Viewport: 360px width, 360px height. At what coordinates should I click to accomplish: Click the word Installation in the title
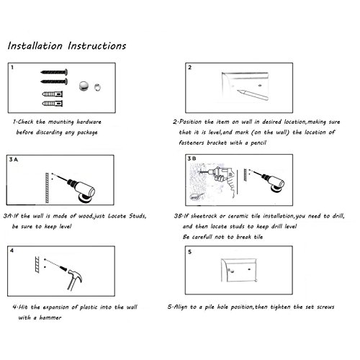(35, 45)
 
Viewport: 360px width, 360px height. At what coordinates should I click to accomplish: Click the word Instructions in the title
(97, 45)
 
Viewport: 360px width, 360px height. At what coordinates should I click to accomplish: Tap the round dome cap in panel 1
(84, 86)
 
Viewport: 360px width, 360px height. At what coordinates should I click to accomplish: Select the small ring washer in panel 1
(97, 87)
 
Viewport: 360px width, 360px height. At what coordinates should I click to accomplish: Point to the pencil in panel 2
(253, 94)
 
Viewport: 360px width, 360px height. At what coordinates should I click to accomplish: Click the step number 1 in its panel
(12, 68)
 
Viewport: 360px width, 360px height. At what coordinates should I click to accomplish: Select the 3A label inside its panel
(14, 159)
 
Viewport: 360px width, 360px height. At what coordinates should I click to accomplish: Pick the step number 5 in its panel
(189, 252)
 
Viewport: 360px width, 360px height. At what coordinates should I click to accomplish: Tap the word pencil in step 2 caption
(258, 143)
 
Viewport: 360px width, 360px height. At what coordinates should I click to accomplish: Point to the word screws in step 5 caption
(325, 307)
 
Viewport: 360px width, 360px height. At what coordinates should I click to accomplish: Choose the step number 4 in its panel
(12, 251)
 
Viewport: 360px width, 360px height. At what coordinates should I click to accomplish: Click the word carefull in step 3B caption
(202, 237)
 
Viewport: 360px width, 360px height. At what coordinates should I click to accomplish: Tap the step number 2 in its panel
(190, 68)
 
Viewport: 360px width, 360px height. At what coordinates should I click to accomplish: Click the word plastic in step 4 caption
(89, 307)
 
